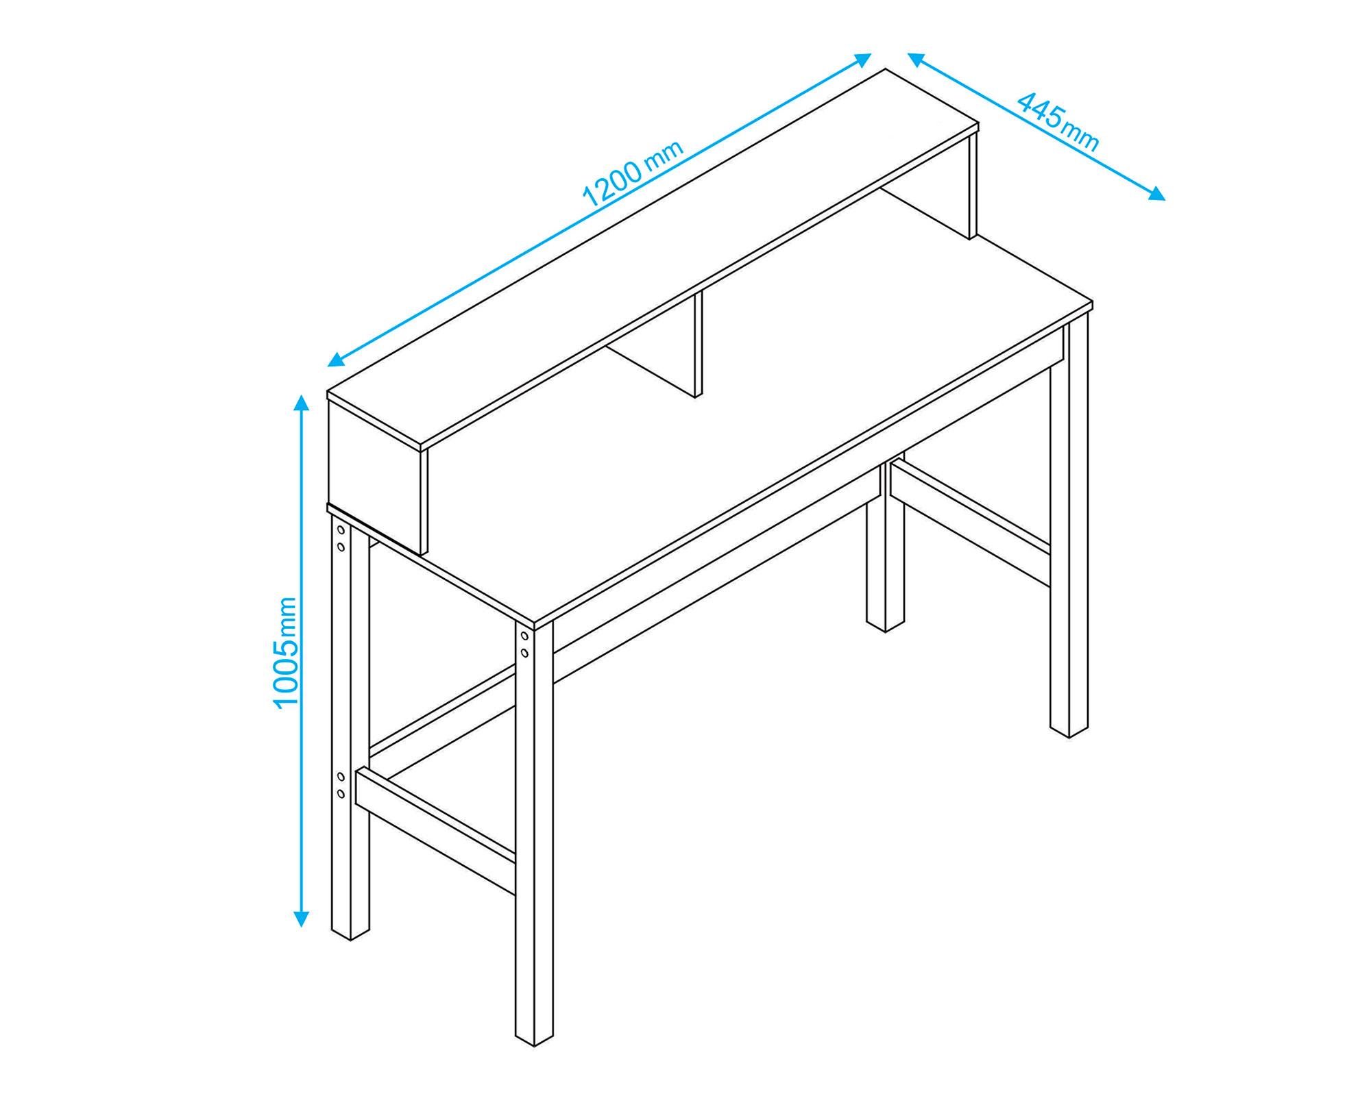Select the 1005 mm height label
[x=285, y=653]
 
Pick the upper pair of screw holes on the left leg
[x=341, y=538]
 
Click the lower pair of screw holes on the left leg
[x=341, y=785]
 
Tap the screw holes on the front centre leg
[x=524, y=645]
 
